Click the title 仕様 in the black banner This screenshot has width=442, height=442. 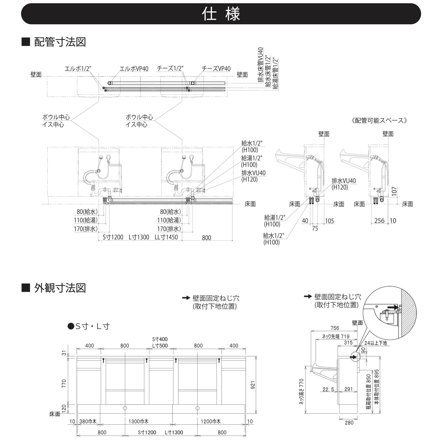coord(221,14)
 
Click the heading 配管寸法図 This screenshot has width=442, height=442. coord(60,42)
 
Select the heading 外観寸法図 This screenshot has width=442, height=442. coord(60,288)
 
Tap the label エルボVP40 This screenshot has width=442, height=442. coord(134,69)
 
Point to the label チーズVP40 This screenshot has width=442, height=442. coord(216,69)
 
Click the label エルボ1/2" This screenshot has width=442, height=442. coord(78,69)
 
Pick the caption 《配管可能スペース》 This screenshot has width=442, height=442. coord(379,120)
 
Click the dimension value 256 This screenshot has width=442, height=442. coord(379,221)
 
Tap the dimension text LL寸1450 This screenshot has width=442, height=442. coord(166,237)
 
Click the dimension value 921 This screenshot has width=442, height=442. coord(253,385)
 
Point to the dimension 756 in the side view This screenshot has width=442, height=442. coord(335,328)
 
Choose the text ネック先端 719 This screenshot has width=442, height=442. coord(336,337)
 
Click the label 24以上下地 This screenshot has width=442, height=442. coord(375,343)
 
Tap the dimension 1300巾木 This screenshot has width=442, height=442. coord(138,421)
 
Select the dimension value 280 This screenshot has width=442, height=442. coord(349,422)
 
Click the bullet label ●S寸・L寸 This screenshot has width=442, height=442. coord(89,326)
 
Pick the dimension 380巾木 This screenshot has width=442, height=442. coord(88,421)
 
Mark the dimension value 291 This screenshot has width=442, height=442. coord(349,389)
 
